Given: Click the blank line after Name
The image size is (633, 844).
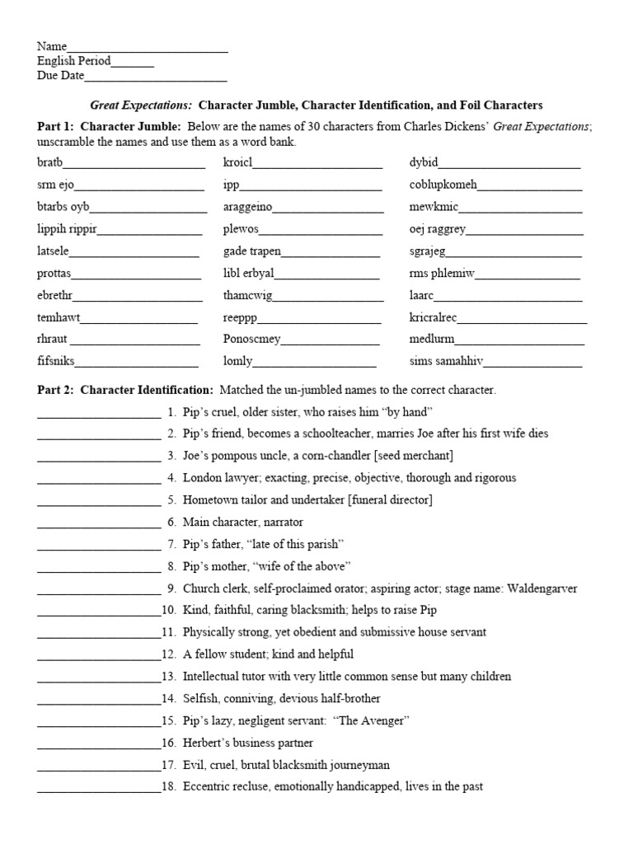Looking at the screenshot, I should [148, 48].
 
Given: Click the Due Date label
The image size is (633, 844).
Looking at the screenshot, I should [60, 77].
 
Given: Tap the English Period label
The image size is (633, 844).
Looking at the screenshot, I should [73, 62].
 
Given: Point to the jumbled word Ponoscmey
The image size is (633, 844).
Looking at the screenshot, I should [252, 339].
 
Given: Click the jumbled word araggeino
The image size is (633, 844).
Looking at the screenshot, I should [247, 208].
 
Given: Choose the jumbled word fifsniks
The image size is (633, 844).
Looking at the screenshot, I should [56, 361].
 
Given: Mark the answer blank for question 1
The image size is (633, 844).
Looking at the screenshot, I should [99, 412].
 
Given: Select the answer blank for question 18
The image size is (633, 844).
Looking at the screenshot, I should [99, 787].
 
